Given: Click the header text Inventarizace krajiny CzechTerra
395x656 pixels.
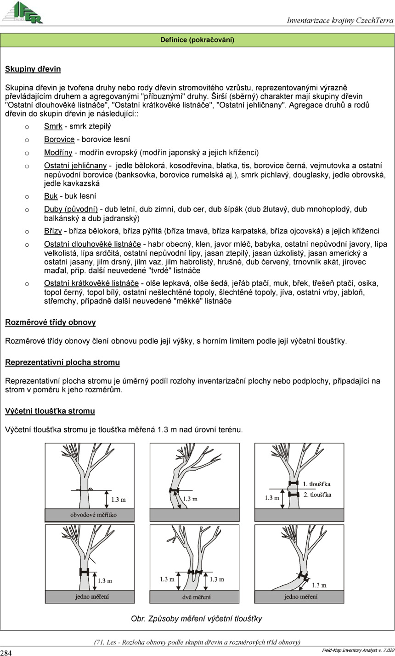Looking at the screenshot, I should (x=340, y=20).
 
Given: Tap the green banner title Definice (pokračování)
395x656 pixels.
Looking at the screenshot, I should (x=197, y=40).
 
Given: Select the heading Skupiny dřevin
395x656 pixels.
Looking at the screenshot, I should (x=33, y=70).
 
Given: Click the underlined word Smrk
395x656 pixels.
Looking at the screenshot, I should (x=53, y=126).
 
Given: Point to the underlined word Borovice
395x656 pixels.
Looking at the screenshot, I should (x=59, y=139).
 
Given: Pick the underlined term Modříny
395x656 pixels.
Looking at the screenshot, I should (x=58, y=152).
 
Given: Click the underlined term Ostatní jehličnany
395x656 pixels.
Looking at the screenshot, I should (x=75, y=166).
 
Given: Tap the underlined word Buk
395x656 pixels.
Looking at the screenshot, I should (x=51, y=196).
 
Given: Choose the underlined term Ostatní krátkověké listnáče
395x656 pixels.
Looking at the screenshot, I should (x=91, y=283).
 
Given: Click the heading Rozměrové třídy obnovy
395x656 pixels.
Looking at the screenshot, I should (x=51, y=322).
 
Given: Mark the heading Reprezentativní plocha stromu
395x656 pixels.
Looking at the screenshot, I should (x=62, y=362).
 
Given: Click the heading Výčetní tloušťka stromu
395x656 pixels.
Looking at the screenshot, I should (x=50, y=411).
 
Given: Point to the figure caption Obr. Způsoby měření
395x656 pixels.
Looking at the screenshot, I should (x=197, y=619).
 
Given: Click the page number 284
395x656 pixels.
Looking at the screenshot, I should (x=6, y=653).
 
